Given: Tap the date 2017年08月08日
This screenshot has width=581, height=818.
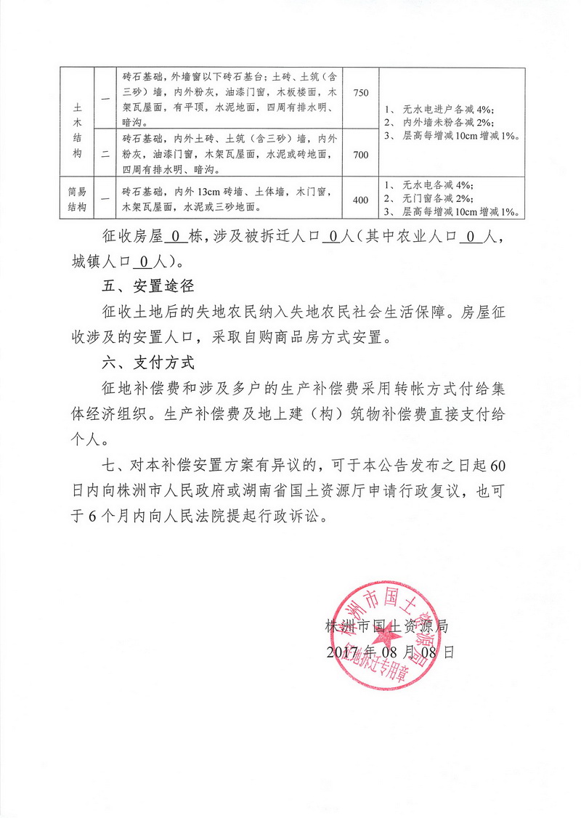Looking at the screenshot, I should (x=390, y=652).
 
